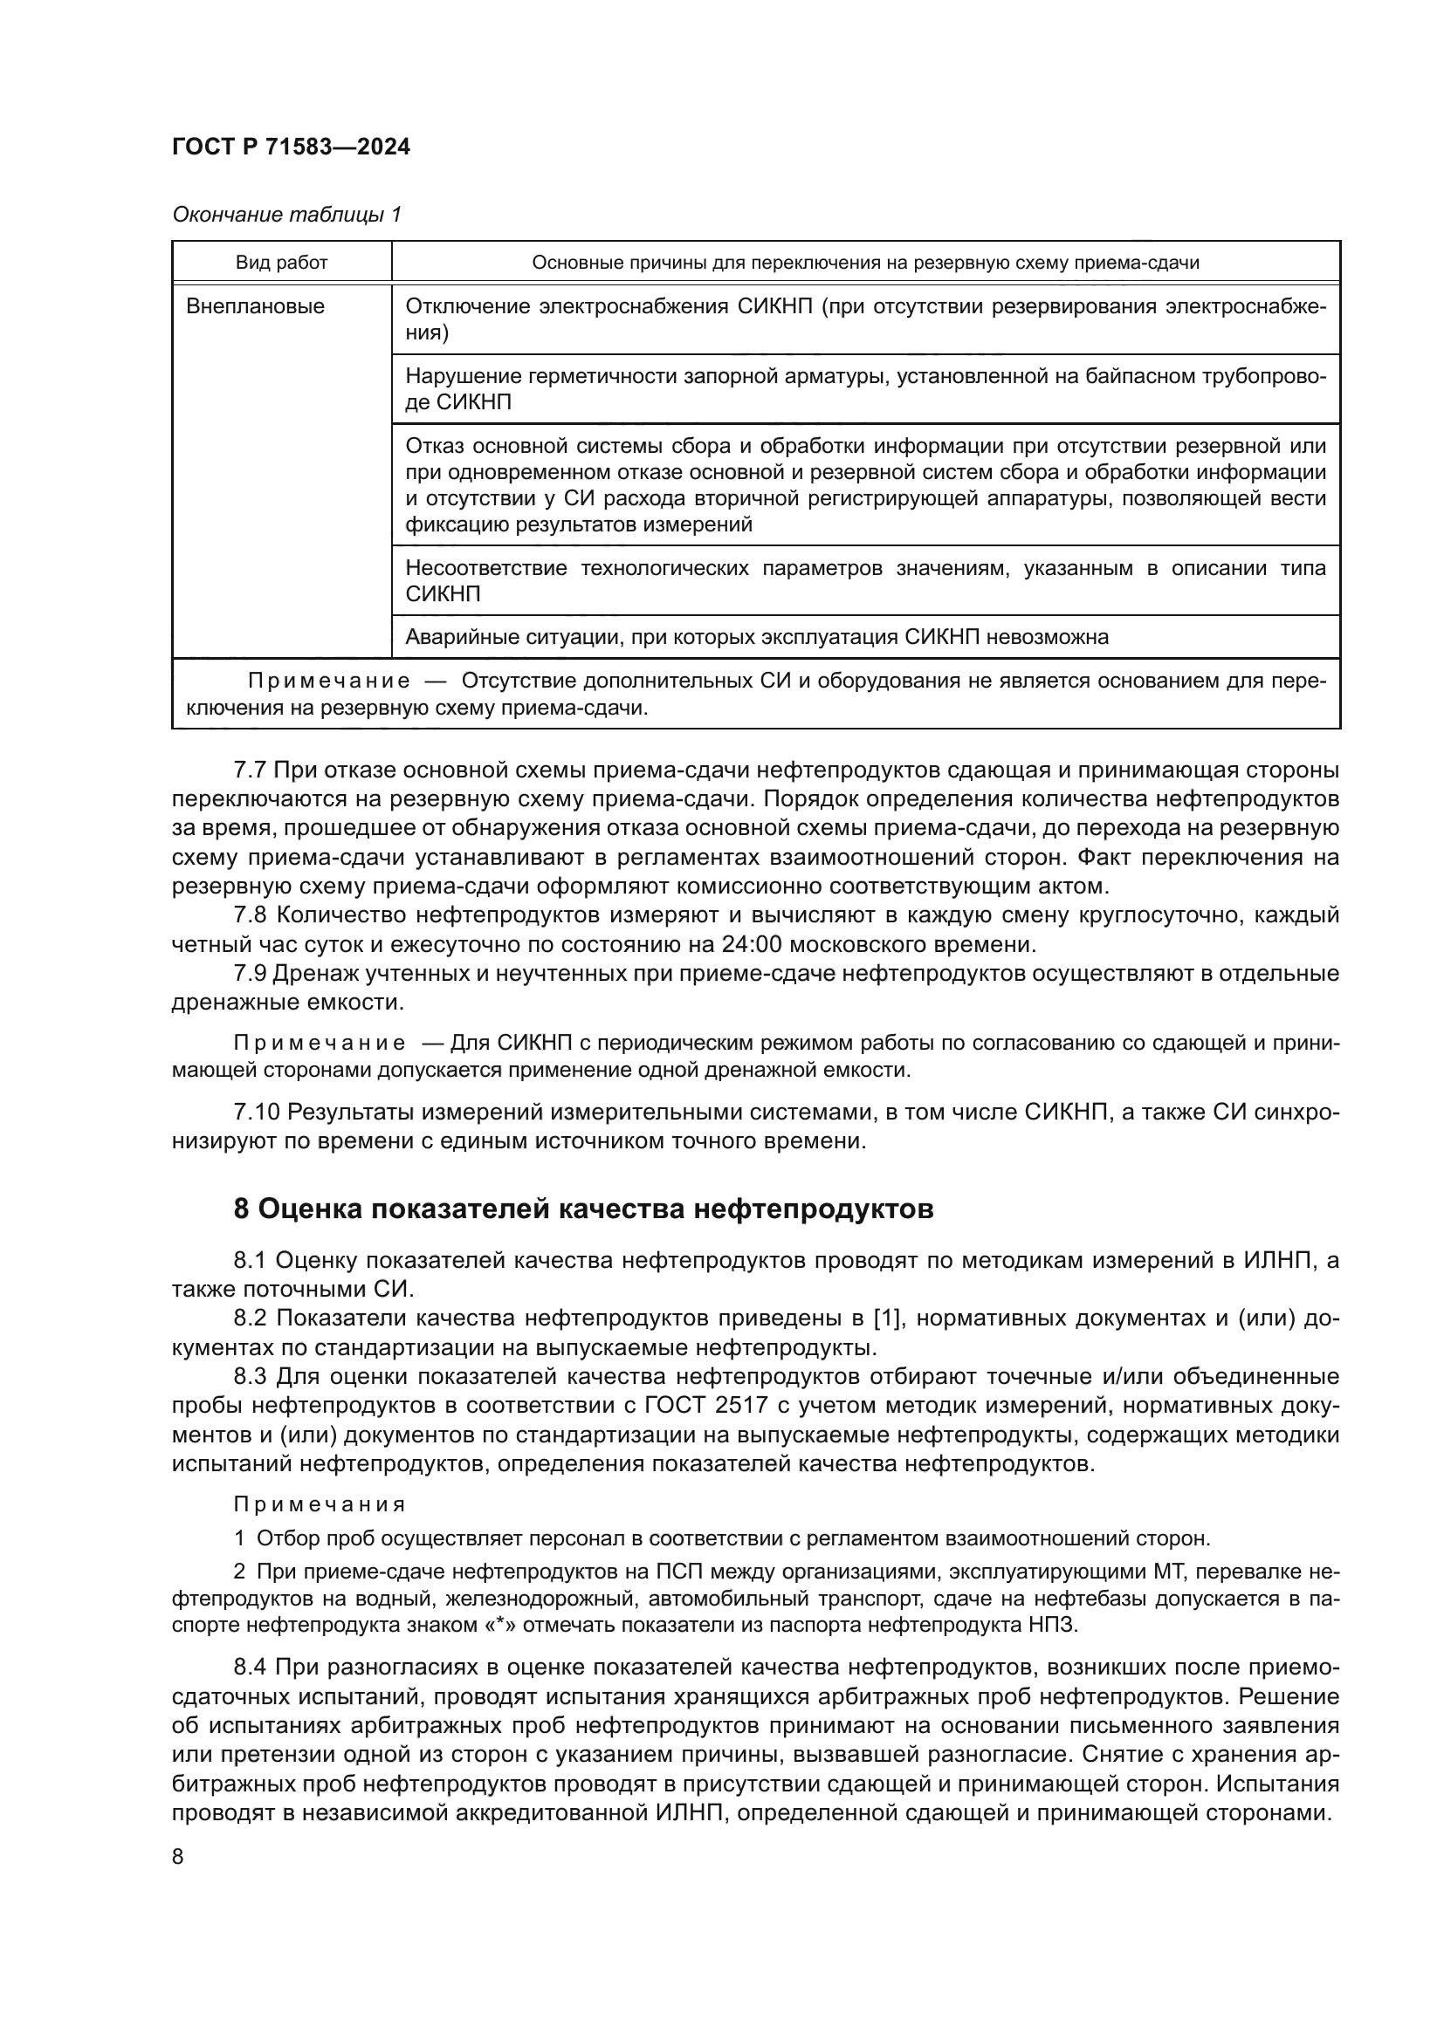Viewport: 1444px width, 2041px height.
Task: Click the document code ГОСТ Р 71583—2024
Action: point(291,147)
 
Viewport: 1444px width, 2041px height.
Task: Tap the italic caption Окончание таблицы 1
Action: point(286,215)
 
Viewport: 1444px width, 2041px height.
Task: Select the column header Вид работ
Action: point(281,263)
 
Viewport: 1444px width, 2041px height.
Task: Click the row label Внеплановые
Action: point(255,306)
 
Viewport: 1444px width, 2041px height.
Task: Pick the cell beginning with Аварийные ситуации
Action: point(756,636)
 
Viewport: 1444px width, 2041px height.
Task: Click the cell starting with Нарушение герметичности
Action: point(864,388)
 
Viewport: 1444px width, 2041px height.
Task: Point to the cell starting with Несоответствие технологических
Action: point(864,579)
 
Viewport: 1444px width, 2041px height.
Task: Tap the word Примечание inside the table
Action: point(328,681)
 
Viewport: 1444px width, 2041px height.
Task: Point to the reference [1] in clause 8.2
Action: point(888,1318)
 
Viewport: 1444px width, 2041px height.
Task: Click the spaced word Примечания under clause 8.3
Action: point(320,1504)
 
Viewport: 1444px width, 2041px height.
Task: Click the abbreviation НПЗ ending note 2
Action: point(1056,1625)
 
